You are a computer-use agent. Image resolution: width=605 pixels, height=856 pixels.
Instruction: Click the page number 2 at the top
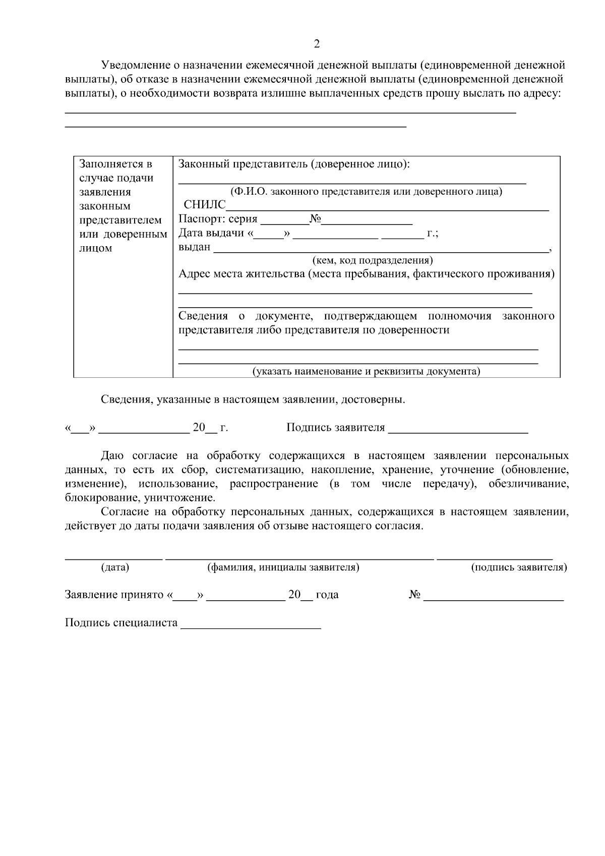click(x=317, y=44)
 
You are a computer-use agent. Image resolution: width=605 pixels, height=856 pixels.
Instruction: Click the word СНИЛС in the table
click(x=205, y=205)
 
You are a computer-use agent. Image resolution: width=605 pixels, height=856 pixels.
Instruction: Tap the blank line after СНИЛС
click(x=387, y=207)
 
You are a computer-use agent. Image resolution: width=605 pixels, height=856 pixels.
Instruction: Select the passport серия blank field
click(x=285, y=221)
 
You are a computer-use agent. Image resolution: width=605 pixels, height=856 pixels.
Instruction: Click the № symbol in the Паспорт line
click(x=316, y=219)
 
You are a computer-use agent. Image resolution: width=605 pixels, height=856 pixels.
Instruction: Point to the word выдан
click(x=195, y=247)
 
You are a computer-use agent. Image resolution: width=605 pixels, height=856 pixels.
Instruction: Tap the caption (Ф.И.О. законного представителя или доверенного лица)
click(x=366, y=192)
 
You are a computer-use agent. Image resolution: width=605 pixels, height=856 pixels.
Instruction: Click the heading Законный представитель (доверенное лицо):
click(x=294, y=164)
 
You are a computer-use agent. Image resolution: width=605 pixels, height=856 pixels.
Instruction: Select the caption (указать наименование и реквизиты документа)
click(x=366, y=371)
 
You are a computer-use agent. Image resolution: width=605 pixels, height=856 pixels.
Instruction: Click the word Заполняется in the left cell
click(x=115, y=164)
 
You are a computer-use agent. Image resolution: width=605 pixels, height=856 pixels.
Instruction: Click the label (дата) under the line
click(x=115, y=567)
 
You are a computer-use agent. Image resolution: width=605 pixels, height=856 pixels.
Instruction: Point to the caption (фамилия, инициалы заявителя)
click(x=283, y=567)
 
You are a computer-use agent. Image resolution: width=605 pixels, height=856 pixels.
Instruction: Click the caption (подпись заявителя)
click(x=519, y=567)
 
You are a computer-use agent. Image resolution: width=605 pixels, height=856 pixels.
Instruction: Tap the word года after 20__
click(x=327, y=595)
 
